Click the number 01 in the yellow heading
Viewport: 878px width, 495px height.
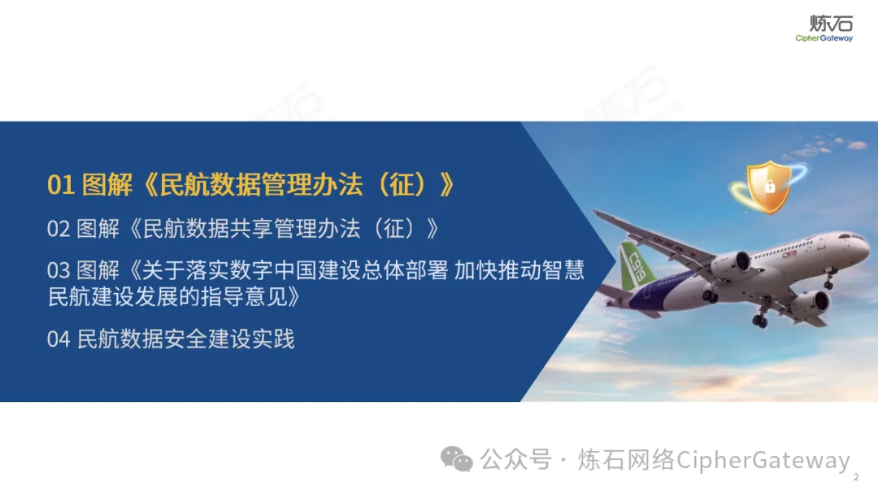click(61, 185)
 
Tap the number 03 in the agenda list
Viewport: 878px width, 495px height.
click(59, 271)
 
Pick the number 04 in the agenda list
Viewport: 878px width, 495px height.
click(59, 339)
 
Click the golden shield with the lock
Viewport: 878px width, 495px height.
click(769, 186)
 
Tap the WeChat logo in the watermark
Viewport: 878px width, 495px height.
click(456, 459)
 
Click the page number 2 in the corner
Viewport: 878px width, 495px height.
click(855, 477)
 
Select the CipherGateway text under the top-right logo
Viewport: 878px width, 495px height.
click(824, 38)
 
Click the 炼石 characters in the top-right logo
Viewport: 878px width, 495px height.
click(831, 23)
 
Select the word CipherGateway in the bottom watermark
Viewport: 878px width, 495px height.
click(763, 460)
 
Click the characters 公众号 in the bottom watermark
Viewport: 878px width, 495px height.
click(515, 460)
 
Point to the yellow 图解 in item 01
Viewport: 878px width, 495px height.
click(107, 185)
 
